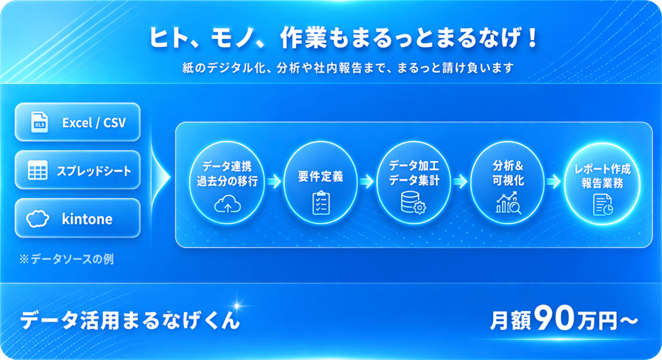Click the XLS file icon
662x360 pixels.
[x=40, y=122]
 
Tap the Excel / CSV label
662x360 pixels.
[x=93, y=122]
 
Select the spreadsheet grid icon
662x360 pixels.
[x=37, y=171]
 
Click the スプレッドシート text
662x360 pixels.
[x=93, y=171]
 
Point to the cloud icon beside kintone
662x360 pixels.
[x=37, y=218]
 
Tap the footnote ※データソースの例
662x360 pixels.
[x=66, y=259]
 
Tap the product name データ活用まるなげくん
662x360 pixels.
[x=130, y=320]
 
